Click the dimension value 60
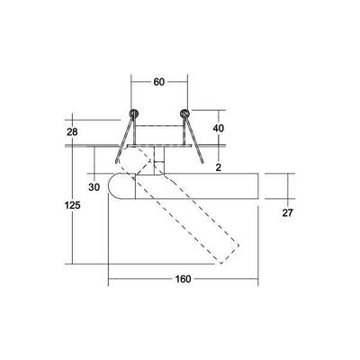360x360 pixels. pyautogui.click(x=159, y=82)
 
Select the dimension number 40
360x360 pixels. pyautogui.click(x=218, y=129)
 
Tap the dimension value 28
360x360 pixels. pyautogui.click(x=72, y=131)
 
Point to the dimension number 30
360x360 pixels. pyautogui.click(x=94, y=187)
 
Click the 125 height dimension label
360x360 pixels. pyautogui.click(x=73, y=205)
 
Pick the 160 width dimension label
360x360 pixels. pyautogui.click(x=183, y=279)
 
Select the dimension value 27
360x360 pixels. pyautogui.click(x=287, y=212)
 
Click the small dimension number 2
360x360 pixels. pyautogui.click(x=219, y=167)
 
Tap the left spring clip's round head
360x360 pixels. pyautogui.click(x=134, y=113)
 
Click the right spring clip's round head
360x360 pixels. pyautogui.click(x=184, y=113)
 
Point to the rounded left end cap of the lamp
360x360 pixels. pyautogui.click(x=121, y=186)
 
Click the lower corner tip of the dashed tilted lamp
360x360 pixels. pyautogui.click(x=221, y=264)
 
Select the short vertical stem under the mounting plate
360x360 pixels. pyautogui.click(x=159, y=160)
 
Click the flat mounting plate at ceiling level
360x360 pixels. pyautogui.click(x=159, y=146)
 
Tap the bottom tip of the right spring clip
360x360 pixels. pyautogui.click(x=202, y=163)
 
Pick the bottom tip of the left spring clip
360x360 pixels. pyautogui.click(x=115, y=163)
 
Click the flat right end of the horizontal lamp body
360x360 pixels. pyautogui.click(x=258, y=186)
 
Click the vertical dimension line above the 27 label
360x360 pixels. pyautogui.click(x=287, y=186)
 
